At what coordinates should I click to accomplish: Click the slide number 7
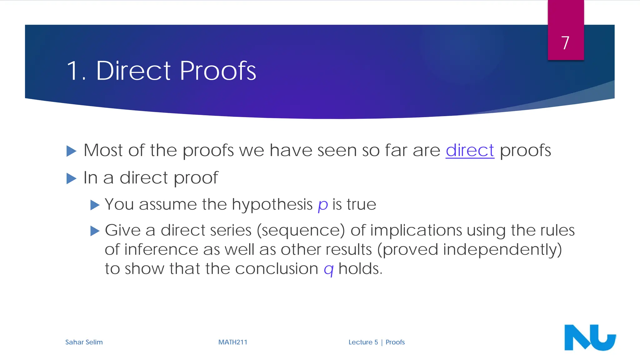(x=565, y=43)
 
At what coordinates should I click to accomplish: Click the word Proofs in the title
(x=218, y=71)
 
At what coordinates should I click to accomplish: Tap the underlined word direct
(x=470, y=150)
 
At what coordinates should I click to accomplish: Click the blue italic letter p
(x=322, y=205)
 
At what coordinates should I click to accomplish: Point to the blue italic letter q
(x=328, y=269)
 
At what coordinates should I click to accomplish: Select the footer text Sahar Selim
(x=84, y=342)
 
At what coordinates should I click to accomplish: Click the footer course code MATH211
(x=232, y=342)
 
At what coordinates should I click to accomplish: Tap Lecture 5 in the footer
(x=363, y=342)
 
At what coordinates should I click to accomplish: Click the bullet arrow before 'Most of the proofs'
(x=72, y=151)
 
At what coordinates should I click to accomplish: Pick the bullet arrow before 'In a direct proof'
(x=72, y=179)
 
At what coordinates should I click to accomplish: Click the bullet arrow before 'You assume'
(x=95, y=205)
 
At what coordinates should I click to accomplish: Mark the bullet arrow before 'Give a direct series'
(x=95, y=231)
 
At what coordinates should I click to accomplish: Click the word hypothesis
(x=272, y=205)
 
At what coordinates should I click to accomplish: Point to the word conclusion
(x=277, y=269)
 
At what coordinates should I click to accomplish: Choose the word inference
(x=161, y=250)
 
